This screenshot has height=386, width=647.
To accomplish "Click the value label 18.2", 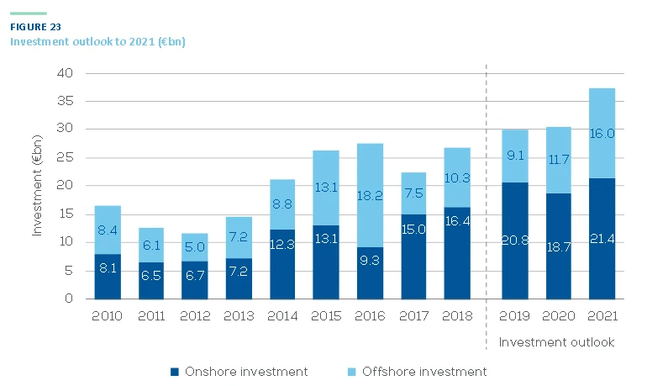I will click(370, 195).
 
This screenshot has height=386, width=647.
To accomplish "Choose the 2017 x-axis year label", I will click(413, 317).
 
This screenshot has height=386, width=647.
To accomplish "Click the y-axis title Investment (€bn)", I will click(38, 186).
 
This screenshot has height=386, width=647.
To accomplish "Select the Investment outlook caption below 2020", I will click(556, 342).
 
